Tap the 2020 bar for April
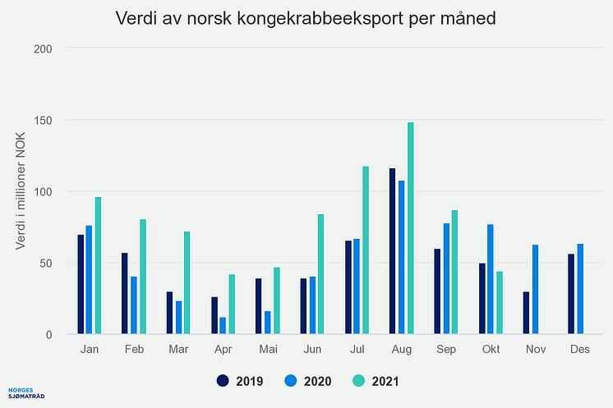pyautogui.click(x=223, y=325)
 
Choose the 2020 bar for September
pyautogui.click(x=445, y=278)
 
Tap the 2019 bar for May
pyautogui.click(x=259, y=306)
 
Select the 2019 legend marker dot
pyautogui.click(x=223, y=381)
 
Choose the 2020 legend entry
pyautogui.click(x=308, y=381)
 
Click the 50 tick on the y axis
pyautogui.click(x=44, y=264)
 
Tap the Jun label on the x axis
pyautogui.click(x=311, y=349)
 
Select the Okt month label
pyautogui.click(x=491, y=349)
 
